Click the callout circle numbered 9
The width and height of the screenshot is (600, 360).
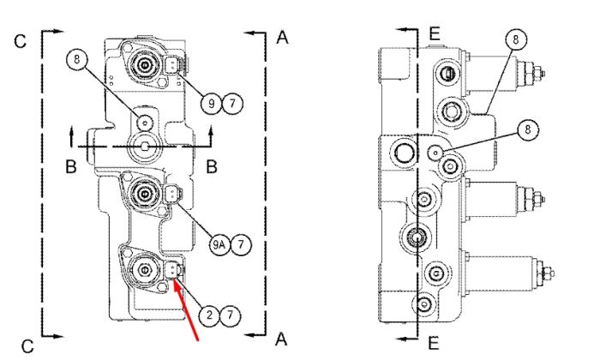pos(211,104)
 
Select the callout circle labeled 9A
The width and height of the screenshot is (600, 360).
pos(219,244)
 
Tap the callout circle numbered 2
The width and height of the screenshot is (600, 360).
pos(209,315)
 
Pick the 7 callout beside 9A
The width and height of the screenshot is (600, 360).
pos(241,244)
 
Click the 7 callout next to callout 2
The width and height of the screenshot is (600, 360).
pos(230,315)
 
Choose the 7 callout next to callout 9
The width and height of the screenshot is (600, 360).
pos(232,104)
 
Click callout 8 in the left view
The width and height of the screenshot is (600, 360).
pos(77,59)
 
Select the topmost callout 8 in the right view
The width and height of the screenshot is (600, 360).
pos(516,39)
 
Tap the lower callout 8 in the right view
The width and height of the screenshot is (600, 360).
pos(528,129)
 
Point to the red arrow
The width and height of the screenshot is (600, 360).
pos(186,310)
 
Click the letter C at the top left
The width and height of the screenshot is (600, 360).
pos(21,41)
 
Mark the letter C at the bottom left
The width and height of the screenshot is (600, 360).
pos(27,346)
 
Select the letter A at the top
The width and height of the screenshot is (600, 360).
pos(282,38)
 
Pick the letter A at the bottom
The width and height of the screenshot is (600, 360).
pos(281,339)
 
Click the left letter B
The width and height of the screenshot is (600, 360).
pos(71,167)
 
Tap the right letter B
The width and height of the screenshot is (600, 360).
pos(212,167)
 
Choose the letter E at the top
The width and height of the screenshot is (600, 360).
pos(435,34)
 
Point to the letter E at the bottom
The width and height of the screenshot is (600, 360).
pos(433,343)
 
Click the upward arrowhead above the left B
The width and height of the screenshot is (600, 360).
pos(71,131)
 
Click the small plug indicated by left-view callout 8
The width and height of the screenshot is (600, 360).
pos(145,123)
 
